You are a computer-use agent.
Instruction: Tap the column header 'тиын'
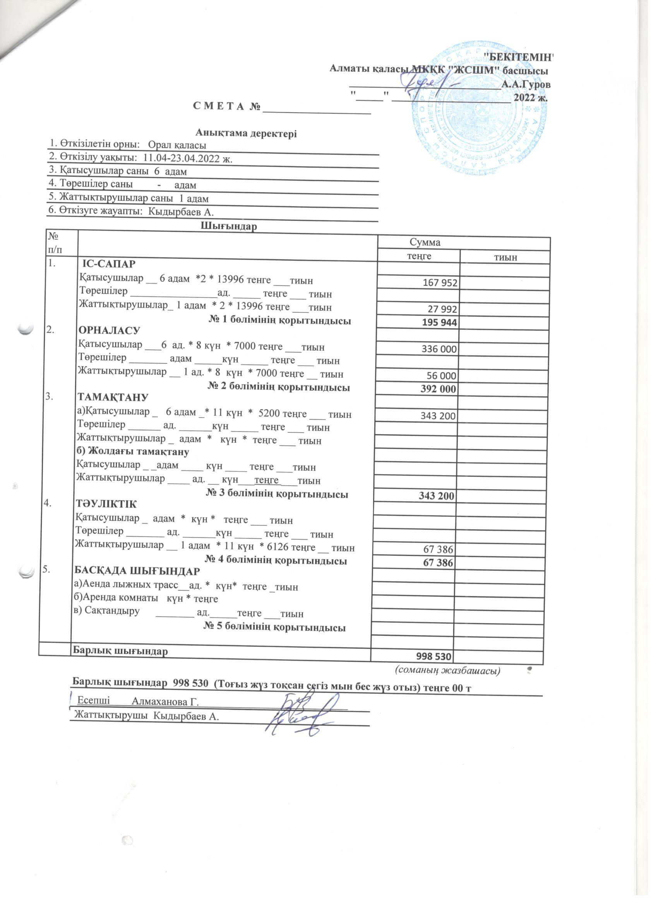tap(505, 258)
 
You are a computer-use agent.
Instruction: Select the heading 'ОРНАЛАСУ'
tap(109, 331)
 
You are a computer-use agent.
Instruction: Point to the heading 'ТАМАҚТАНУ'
tap(113, 398)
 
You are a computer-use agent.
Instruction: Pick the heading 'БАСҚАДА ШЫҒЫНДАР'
tap(137, 571)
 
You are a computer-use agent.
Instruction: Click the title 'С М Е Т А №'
tap(227, 107)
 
